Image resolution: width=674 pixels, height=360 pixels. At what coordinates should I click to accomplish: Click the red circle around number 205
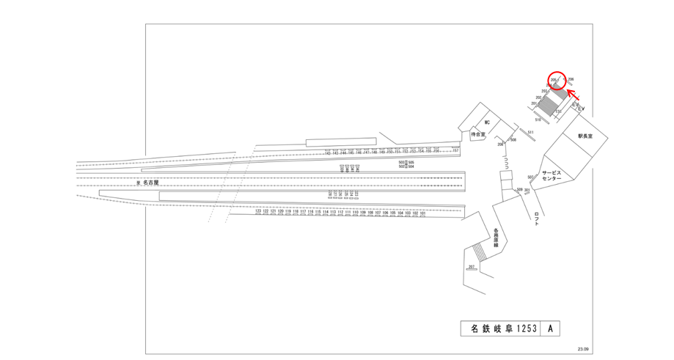coord(557,80)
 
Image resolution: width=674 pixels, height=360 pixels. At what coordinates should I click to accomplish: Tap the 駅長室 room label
coord(585,136)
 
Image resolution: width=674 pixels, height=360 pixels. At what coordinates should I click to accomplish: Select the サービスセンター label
coord(552,175)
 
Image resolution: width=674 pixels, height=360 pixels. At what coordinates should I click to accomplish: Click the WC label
coord(486,122)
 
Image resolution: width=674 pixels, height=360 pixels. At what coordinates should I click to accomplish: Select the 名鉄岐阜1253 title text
coord(500,329)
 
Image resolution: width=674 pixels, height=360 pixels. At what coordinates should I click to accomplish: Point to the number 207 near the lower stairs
coord(471,266)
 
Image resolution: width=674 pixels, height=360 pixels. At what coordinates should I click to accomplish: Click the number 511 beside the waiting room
coord(531,132)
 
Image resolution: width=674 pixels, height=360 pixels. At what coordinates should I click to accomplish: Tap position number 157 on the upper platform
coord(455,150)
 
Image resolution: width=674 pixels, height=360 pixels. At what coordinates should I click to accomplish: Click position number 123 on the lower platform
coord(258,212)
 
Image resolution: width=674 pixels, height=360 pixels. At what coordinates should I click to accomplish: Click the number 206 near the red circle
coord(571,78)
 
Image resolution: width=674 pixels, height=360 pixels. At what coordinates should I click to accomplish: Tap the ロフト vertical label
coord(538,219)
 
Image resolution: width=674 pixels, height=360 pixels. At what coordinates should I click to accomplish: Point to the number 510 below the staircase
coord(538,120)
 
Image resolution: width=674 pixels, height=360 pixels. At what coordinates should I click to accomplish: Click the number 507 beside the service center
coord(530,177)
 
